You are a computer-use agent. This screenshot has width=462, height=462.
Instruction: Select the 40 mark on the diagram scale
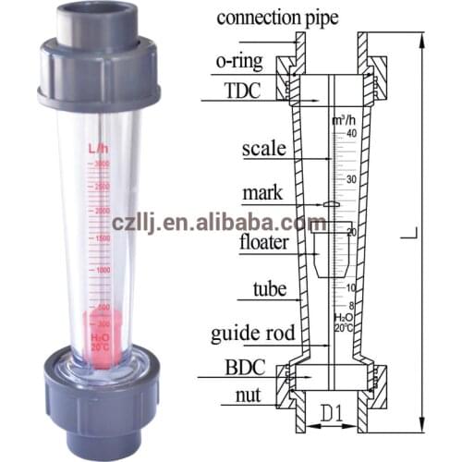click(x=350, y=135)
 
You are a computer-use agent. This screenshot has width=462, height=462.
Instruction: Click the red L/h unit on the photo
click(x=98, y=148)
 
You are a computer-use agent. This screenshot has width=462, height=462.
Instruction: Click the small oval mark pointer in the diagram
click(x=330, y=204)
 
